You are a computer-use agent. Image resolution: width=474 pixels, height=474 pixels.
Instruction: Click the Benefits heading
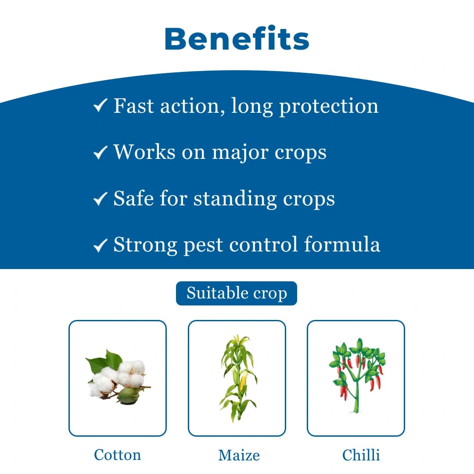click(x=237, y=39)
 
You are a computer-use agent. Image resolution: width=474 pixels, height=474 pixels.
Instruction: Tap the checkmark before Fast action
click(x=101, y=105)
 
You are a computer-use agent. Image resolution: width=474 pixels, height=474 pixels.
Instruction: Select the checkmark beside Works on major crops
click(x=101, y=152)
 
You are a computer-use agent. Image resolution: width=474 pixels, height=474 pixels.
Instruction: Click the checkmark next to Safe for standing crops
click(x=101, y=199)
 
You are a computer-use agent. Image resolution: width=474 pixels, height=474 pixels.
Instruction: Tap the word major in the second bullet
click(x=240, y=153)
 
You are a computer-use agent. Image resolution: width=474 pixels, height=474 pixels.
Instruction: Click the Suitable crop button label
click(x=237, y=293)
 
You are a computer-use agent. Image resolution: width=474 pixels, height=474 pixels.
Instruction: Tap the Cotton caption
click(x=118, y=455)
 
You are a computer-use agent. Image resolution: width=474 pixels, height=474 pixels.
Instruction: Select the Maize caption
click(x=239, y=455)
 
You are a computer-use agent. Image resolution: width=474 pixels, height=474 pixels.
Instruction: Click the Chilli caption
click(x=361, y=455)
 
